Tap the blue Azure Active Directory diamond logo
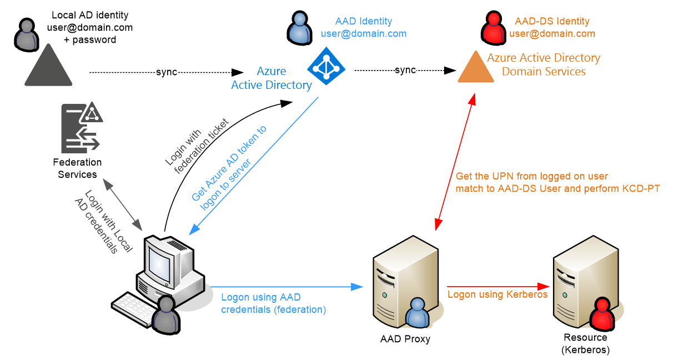(326, 66)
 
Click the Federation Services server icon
(82, 127)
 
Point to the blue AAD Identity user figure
(299, 28)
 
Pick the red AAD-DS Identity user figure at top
(494, 28)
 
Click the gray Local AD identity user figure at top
(27, 35)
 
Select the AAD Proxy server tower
(406, 282)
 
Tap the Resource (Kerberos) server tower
(586, 282)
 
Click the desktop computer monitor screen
(159, 264)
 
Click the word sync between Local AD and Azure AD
(167, 72)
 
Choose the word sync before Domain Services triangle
(405, 70)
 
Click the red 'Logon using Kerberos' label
(497, 294)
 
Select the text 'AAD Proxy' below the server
(405, 339)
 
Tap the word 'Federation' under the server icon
(77, 162)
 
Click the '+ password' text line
(90, 40)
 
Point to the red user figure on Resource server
(602, 313)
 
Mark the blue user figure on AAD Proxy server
(418, 313)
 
